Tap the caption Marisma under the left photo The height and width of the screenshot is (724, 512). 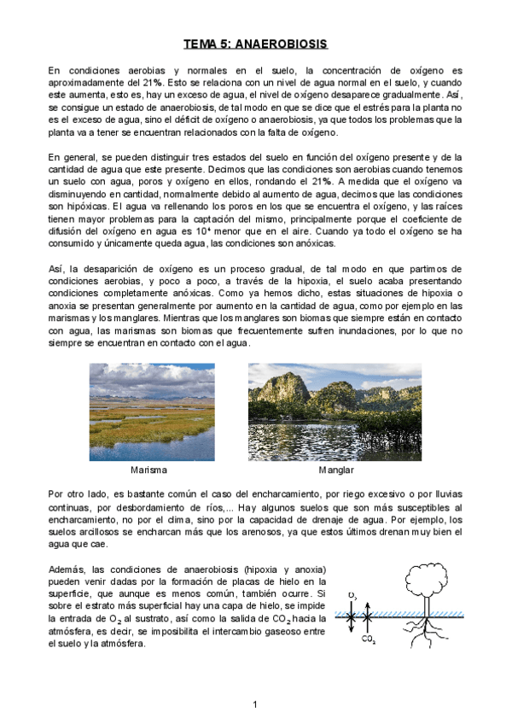point(148,470)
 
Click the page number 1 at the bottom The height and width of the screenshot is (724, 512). point(255,704)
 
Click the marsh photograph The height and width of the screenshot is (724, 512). point(152,412)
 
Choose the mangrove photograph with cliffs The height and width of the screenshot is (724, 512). point(335,412)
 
